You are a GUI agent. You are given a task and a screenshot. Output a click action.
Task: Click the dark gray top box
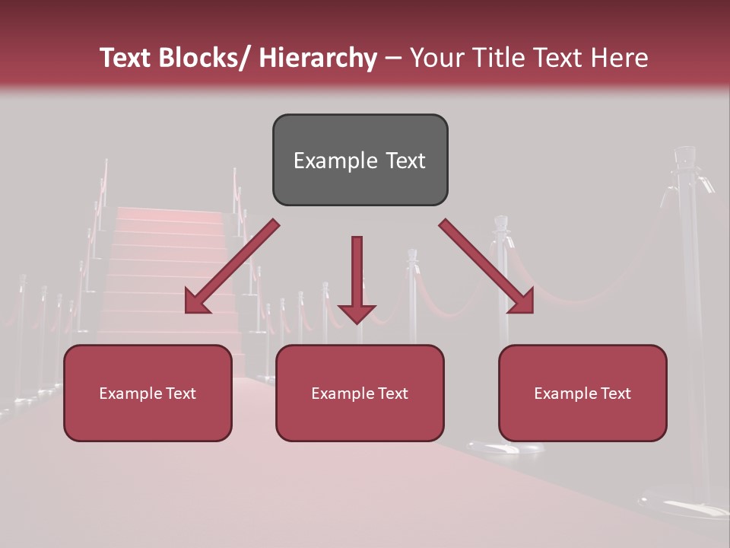coord(360,161)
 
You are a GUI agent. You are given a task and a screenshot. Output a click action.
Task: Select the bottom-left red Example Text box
coord(148,393)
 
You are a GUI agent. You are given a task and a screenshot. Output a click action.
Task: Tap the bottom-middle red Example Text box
coord(360,393)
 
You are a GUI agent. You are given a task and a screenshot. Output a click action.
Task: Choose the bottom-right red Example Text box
coord(582,393)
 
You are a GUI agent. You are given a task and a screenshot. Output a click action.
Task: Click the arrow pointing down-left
coord(231,267)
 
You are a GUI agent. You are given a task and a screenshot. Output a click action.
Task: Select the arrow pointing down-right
coord(487,267)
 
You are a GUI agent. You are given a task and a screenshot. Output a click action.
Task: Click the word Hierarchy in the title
coord(318,58)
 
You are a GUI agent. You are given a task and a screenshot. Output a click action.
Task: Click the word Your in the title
coord(434,58)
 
